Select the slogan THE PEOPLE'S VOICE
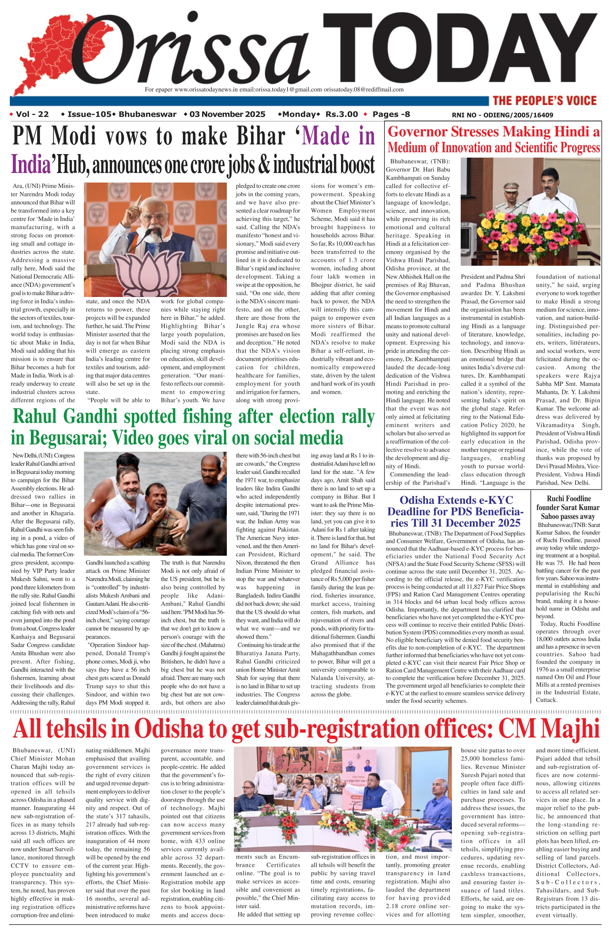tap(544, 101)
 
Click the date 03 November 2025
tap(227, 114)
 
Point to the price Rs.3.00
tap(342, 114)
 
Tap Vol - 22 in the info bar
tap(32, 114)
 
